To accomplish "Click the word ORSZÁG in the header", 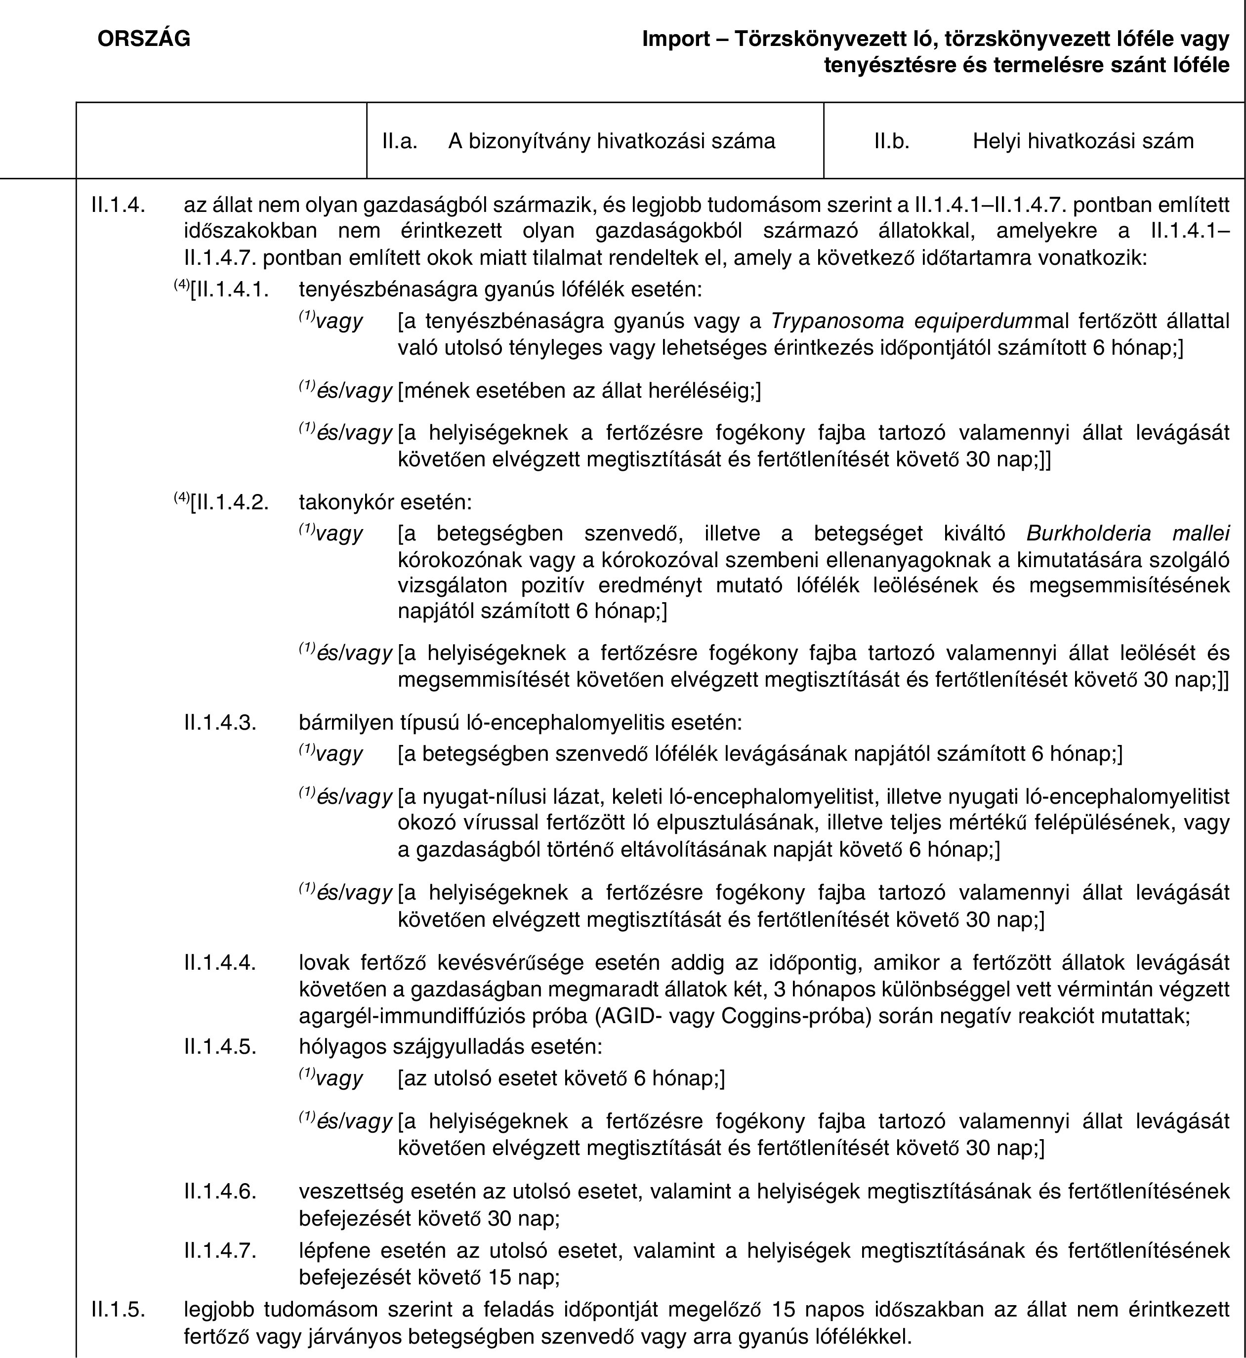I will tap(144, 39).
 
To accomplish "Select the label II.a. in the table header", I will tap(399, 141).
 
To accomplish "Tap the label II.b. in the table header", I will tap(891, 141).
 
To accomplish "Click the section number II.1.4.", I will tap(118, 204).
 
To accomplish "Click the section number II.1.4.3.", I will tap(220, 722).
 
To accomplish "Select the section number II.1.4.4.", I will tap(220, 962).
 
